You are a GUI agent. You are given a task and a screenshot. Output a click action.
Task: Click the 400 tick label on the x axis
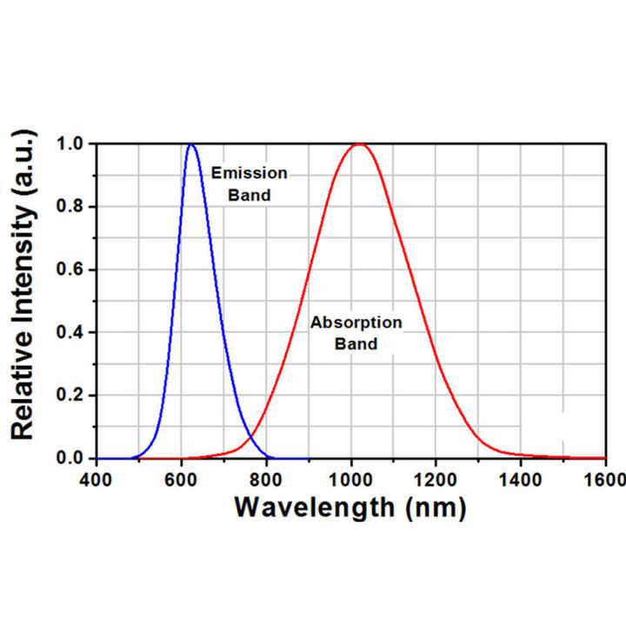[96, 479]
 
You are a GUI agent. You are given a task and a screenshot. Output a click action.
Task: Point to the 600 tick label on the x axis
[181, 479]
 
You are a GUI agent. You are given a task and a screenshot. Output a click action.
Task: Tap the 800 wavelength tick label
[266, 479]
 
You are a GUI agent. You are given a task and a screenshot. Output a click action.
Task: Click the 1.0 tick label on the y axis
[73, 143]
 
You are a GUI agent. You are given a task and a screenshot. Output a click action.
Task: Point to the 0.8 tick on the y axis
[73, 207]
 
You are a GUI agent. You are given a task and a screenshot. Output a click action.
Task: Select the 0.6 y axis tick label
[73, 270]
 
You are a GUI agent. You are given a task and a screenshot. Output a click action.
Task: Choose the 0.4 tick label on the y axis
[73, 332]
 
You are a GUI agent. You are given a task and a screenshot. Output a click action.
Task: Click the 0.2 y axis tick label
[73, 396]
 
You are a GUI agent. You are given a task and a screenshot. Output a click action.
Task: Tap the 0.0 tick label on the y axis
[73, 458]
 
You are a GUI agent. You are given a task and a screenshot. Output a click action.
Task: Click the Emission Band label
[249, 183]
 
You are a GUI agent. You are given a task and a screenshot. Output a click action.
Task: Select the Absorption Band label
[356, 333]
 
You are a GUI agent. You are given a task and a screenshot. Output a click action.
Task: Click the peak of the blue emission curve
[192, 144]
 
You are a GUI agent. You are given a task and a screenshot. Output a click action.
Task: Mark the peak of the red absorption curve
[358, 144]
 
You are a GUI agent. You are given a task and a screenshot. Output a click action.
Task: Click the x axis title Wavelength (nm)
[350, 506]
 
